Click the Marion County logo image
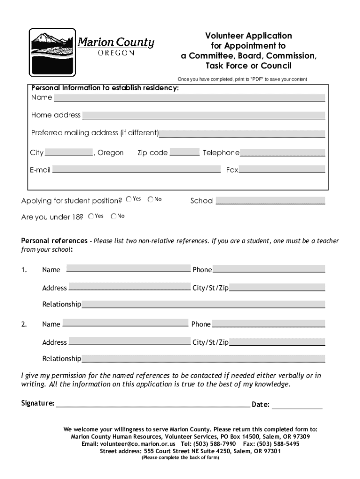52,52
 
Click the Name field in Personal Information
189,98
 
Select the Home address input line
203,115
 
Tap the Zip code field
184,152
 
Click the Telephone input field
282,152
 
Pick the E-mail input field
136,170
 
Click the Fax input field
281,170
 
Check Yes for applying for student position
129,199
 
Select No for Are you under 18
114,216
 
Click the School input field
270,201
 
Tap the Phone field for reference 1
269,269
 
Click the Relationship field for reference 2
203,359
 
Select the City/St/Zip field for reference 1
277,288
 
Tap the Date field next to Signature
297,405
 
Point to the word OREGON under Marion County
116,53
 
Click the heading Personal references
54,241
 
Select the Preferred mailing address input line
242,133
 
